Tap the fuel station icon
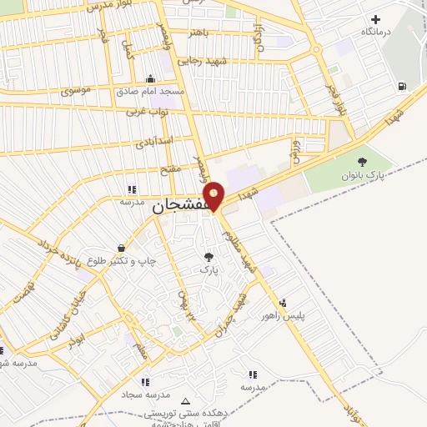pyautogui.click(x=403, y=86)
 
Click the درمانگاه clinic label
pyautogui.click(x=376, y=32)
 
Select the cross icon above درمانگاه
pyautogui.click(x=375, y=18)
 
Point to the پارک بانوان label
pyautogui.click(x=359, y=176)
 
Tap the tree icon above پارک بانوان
pyautogui.click(x=360, y=162)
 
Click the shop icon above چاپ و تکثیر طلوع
pyautogui.click(x=122, y=248)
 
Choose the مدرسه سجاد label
pyautogui.click(x=147, y=394)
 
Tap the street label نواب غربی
pyautogui.click(x=147, y=110)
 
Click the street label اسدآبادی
pyautogui.click(x=153, y=141)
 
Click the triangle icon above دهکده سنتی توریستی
pyautogui.click(x=185, y=401)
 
